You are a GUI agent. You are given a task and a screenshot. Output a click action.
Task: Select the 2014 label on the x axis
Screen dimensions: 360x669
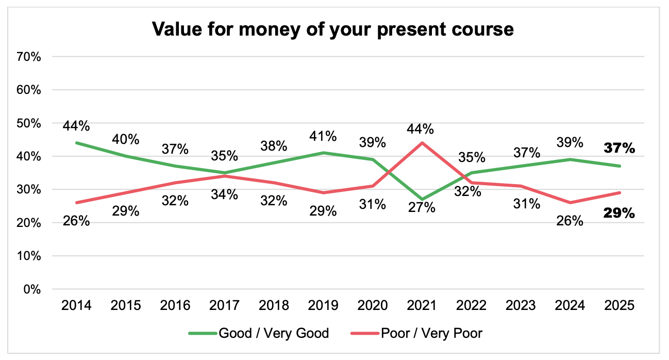[76, 306]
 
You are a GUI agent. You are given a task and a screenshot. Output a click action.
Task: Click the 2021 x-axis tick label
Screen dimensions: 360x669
[423, 306]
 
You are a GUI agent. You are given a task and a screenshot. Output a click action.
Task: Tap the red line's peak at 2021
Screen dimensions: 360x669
[423, 143]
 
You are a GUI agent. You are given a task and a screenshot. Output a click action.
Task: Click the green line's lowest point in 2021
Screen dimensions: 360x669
[423, 199]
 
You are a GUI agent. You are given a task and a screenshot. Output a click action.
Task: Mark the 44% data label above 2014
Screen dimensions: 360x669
[76, 126]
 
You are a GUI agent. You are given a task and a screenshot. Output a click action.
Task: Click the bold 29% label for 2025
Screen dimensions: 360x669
[620, 213]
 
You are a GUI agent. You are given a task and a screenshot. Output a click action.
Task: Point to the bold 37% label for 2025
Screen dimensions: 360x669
[620, 149]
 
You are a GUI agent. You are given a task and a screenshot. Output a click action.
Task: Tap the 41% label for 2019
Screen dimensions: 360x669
[324, 137]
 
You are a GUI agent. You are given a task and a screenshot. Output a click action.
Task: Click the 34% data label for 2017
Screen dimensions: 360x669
[225, 194]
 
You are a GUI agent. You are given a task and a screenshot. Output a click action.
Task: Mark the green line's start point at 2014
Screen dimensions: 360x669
[76, 143]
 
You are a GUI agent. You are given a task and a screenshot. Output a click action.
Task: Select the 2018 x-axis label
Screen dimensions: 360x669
[274, 306]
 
